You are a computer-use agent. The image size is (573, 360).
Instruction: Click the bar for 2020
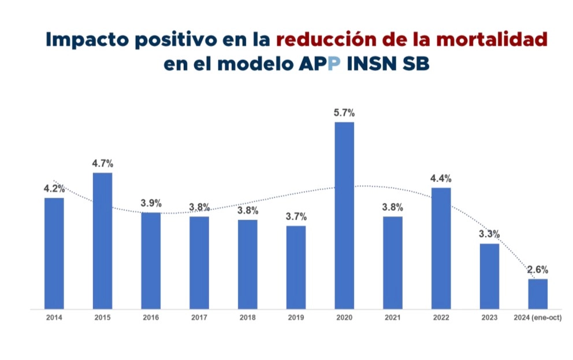pyautogui.click(x=344, y=215)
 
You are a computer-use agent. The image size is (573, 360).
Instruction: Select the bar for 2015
pyautogui.click(x=102, y=240)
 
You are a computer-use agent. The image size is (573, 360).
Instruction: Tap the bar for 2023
pyautogui.click(x=489, y=276)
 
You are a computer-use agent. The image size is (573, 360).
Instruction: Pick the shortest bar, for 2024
pyautogui.click(x=538, y=294)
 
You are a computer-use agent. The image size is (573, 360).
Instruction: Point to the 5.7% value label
pyautogui.click(x=344, y=112)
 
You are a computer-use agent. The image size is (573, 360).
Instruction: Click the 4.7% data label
pyautogui.click(x=102, y=163)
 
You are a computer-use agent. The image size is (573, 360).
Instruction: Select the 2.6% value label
pyautogui.click(x=538, y=269)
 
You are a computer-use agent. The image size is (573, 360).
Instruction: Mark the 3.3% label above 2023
pyautogui.click(x=489, y=234)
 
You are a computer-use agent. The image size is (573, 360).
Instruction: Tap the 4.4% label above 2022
pyautogui.click(x=441, y=178)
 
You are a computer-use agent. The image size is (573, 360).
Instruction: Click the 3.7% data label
pyautogui.click(x=296, y=217)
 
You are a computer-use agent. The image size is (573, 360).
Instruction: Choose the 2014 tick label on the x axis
pyautogui.click(x=54, y=317)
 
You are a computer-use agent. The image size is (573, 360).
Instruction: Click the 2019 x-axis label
pyautogui.click(x=296, y=317)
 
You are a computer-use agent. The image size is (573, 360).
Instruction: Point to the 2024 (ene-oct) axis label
pyautogui.click(x=538, y=317)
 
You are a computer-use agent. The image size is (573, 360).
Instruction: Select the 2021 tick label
pyautogui.click(x=393, y=317)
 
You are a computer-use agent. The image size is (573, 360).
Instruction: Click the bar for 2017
pyautogui.click(x=199, y=262)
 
